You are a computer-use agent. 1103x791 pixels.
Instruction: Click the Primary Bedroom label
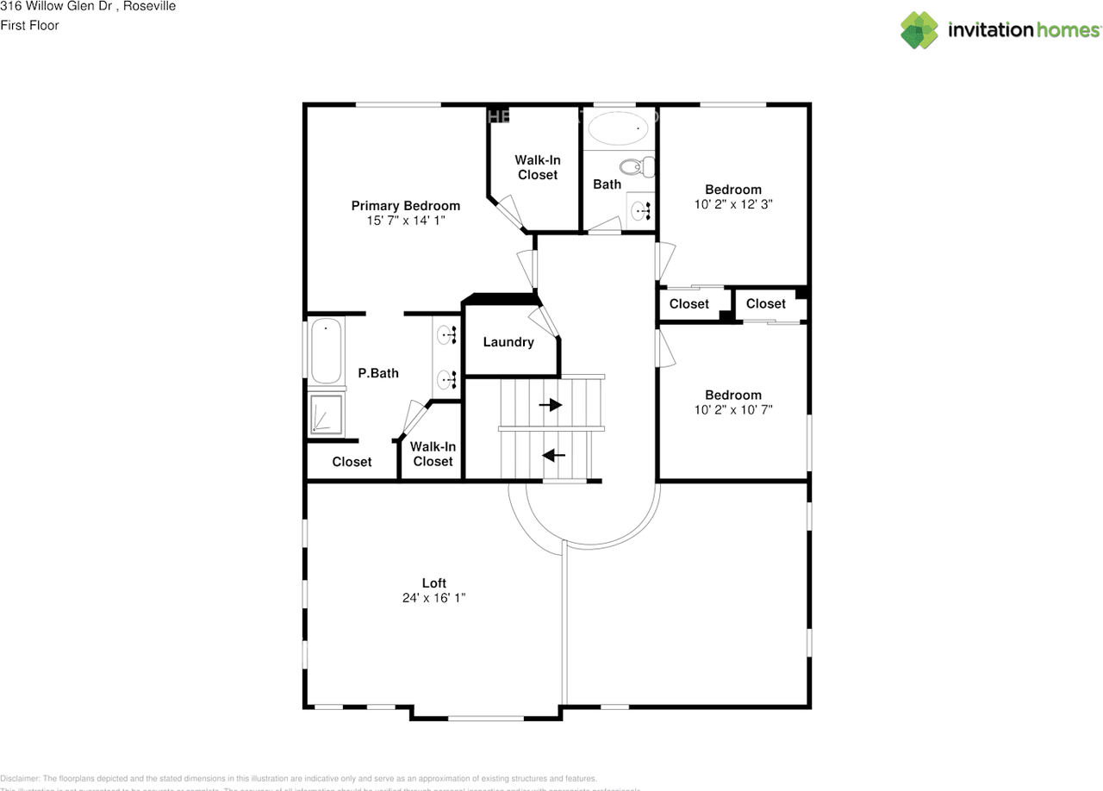pyautogui.click(x=405, y=206)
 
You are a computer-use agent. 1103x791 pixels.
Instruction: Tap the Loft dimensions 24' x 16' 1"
pyautogui.click(x=433, y=597)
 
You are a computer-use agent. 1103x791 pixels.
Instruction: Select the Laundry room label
pyautogui.click(x=508, y=342)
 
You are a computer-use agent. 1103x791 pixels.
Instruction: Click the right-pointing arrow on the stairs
pyautogui.click(x=551, y=404)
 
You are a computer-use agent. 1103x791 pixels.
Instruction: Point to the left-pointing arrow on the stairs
pyautogui.click(x=553, y=455)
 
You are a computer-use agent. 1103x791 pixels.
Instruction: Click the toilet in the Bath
pyautogui.click(x=639, y=166)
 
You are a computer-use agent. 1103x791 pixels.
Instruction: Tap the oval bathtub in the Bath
pyautogui.click(x=617, y=130)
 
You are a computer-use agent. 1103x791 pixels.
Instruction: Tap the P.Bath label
pyautogui.click(x=378, y=373)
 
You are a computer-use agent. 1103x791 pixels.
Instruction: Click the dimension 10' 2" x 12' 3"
pyautogui.click(x=733, y=205)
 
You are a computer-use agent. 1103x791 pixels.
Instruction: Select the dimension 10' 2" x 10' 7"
pyautogui.click(x=733, y=410)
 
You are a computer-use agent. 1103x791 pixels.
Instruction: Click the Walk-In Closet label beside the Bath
pyautogui.click(x=537, y=167)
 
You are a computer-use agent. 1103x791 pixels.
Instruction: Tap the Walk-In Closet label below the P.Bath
pyautogui.click(x=433, y=454)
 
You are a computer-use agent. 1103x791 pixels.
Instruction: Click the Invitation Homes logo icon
pyautogui.click(x=919, y=30)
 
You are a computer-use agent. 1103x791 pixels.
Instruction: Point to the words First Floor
pyautogui.click(x=29, y=25)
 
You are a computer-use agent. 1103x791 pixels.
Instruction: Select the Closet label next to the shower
pyautogui.click(x=352, y=462)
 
